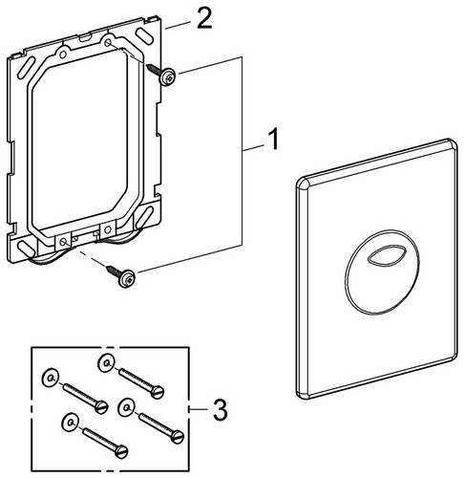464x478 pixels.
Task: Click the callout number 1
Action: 272,139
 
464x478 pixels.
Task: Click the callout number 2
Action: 204,18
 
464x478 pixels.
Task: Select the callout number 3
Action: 221,410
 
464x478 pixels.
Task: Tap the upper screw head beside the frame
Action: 167,76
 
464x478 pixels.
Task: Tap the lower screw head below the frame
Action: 127,278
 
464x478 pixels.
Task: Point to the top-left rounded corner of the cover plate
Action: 304,183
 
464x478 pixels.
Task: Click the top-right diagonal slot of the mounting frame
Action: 143,37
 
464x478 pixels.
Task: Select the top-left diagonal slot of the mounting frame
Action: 27,67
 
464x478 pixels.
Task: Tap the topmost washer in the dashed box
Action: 106,363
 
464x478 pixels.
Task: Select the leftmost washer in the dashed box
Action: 51,378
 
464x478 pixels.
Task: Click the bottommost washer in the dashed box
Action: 70,423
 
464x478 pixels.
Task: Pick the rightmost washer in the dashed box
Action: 126,407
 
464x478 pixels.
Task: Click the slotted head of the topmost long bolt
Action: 158,392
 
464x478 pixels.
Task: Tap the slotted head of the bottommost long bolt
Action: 121,451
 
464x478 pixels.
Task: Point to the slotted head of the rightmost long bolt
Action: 177,436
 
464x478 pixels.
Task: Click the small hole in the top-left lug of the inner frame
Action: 63,54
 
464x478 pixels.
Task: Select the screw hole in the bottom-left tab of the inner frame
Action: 63,242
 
